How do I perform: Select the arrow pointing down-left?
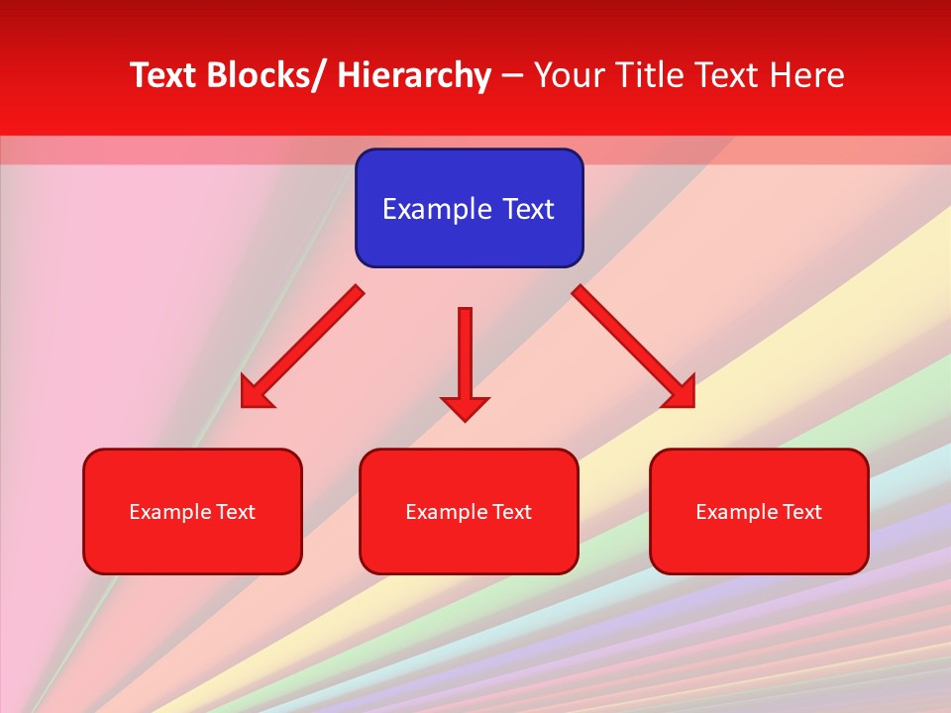pos(302,347)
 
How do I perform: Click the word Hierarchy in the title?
pos(414,75)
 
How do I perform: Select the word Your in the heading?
pos(568,75)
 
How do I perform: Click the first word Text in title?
pos(163,75)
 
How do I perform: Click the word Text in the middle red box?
pos(511,512)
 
